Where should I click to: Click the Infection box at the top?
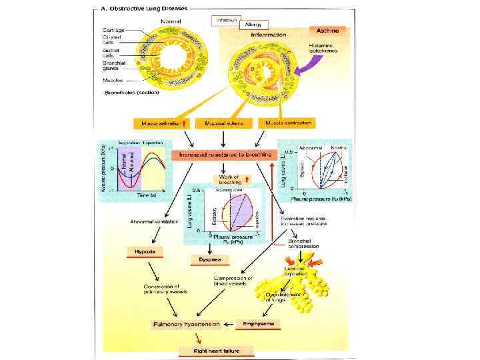226,20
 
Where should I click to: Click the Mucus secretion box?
161,123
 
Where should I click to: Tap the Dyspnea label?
203,259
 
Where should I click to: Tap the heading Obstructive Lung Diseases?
150,9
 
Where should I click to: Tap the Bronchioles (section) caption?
133,93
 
